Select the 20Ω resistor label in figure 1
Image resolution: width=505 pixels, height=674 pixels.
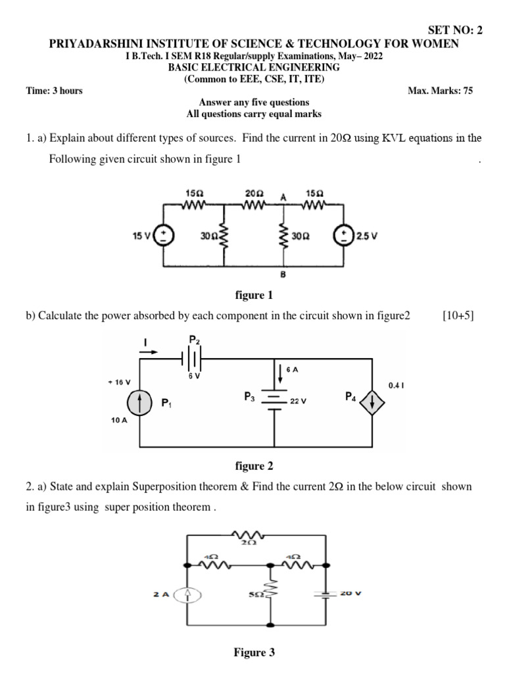[x=254, y=194]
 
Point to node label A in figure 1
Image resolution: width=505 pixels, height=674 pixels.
[x=283, y=197]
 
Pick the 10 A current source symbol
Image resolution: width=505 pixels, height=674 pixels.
[x=139, y=402]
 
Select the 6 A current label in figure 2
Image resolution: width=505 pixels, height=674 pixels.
[x=292, y=370]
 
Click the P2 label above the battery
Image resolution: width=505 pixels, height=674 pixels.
[x=194, y=339]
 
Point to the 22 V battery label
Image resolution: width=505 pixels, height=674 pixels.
[x=299, y=401]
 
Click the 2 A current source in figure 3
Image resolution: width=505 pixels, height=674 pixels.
[x=187, y=594]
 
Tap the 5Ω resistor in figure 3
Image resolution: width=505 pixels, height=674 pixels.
[x=271, y=595]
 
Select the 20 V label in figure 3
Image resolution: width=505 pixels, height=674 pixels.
[x=352, y=594]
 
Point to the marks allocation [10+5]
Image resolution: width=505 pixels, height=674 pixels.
[x=459, y=316]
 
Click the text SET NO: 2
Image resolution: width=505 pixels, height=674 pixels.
[x=455, y=31]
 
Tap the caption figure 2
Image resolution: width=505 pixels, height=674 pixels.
[x=254, y=467]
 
